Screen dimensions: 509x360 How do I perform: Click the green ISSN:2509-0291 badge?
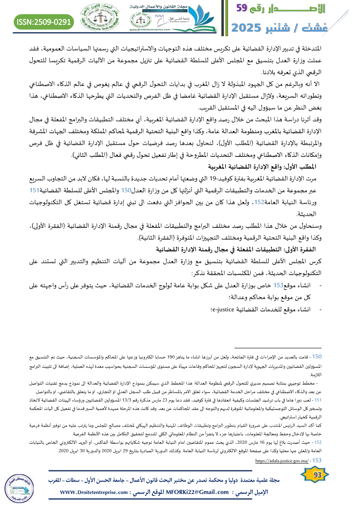click(x=44, y=21)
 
